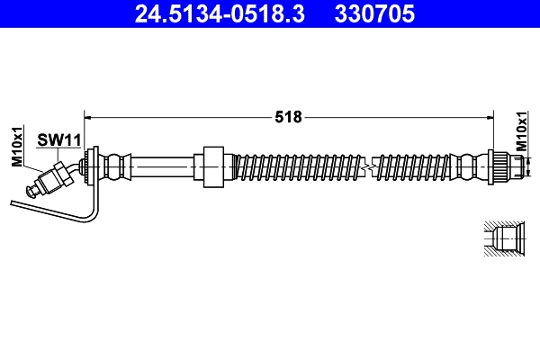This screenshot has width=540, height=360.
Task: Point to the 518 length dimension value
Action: [289, 117]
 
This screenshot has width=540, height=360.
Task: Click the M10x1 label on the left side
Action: [16, 147]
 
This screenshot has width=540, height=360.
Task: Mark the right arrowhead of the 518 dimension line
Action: [490, 117]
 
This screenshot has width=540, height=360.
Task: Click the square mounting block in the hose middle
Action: [212, 166]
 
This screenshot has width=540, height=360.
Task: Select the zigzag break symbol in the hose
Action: [365, 166]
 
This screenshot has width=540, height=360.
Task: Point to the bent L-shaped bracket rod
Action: [54, 209]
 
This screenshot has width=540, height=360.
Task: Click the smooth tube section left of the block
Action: [162, 166]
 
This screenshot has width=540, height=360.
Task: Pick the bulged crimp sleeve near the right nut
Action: [465, 166]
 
